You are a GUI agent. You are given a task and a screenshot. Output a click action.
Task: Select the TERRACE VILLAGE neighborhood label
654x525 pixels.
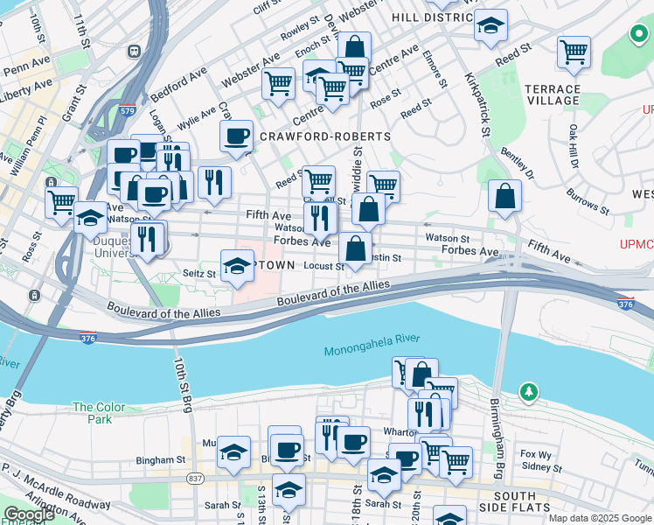coord(553,95)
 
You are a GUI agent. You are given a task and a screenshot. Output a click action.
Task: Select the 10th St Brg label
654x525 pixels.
coord(182,384)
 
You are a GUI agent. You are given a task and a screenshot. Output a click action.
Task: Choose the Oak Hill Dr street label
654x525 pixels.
coord(574,147)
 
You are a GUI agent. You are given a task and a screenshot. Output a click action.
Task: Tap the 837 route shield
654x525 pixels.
coord(195,479)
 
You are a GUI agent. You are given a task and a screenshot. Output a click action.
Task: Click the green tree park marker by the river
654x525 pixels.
coord(528,392)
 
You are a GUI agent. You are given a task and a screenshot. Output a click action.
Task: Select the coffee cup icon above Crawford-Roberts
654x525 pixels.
coord(236,136)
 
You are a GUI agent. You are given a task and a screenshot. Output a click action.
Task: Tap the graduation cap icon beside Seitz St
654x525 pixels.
coord(236,267)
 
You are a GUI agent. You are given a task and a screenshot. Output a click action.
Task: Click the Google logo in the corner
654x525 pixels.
coord(30,514)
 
